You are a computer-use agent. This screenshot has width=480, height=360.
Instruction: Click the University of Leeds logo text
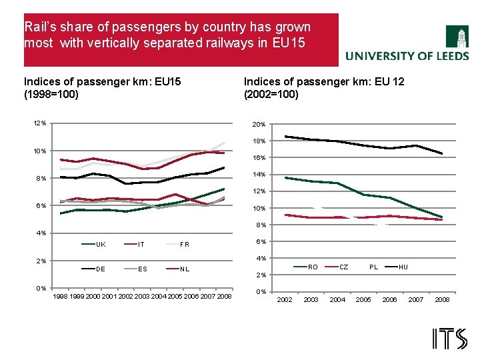[x=407, y=57]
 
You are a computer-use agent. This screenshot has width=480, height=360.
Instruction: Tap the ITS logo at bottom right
[x=450, y=339]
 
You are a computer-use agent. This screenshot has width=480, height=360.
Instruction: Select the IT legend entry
[x=141, y=245]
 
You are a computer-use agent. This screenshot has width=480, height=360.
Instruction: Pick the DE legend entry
[x=101, y=269]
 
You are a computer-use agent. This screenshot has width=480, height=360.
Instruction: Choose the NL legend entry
[x=184, y=269]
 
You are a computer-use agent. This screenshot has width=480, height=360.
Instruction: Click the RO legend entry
[x=313, y=267]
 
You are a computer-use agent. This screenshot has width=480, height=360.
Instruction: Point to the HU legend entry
[x=403, y=267]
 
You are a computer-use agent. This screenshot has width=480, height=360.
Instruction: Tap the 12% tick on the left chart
[x=40, y=123]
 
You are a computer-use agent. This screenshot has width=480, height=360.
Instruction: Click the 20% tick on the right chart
[x=260, y=125]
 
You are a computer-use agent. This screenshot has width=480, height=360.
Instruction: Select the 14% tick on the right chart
[x=260, y=175]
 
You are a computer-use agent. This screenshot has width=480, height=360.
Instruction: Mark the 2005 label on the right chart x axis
[x=363, y=300]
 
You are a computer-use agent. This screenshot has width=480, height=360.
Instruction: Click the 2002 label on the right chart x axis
[x=285, y=300]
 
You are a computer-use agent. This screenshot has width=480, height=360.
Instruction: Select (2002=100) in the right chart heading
[x=271, y=94]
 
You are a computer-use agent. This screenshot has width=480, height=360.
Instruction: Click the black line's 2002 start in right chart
[x=285, y=136]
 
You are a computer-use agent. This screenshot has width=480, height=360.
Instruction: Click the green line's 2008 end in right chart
[x=441, y=217]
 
